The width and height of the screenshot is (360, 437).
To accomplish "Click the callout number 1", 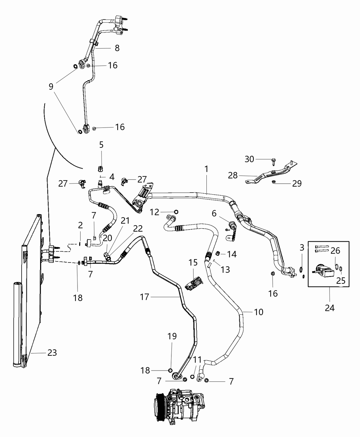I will (206, 169).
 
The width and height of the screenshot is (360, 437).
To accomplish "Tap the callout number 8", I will (117, 48).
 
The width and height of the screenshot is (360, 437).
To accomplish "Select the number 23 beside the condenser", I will (52, 353).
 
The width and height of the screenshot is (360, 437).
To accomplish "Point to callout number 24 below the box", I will (329, 308).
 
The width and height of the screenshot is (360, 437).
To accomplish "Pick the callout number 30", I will (250, 159).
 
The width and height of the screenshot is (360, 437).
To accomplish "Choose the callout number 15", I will (193, 263).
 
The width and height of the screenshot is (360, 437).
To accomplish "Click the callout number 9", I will (51, 86).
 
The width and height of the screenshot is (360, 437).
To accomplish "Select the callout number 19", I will (172, 337).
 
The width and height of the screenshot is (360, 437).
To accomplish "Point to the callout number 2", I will (80, 225).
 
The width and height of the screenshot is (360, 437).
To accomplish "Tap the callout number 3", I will (302, 247).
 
